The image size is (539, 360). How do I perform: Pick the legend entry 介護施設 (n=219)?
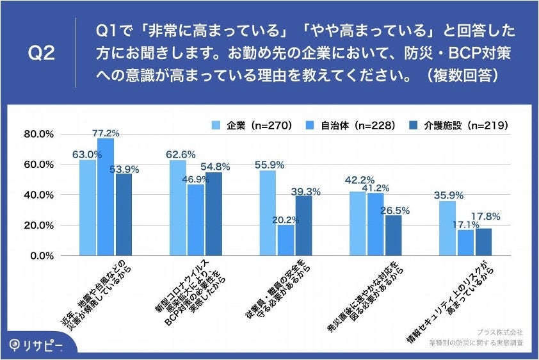[458, 126]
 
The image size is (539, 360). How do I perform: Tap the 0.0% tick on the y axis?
[40, 256]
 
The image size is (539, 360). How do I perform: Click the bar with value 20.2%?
[286, 240]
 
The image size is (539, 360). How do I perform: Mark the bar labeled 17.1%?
[466, 242]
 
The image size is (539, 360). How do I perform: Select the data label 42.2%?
[357, 180]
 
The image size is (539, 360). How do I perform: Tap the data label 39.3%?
[305, 190]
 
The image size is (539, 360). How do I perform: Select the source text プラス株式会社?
[501, 332]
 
